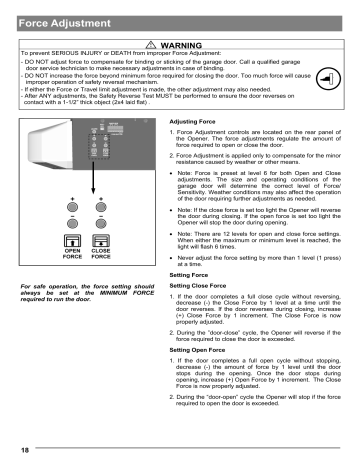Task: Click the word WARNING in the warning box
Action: click(x=186, y=46)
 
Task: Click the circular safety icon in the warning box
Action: click(x=329, y=77)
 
